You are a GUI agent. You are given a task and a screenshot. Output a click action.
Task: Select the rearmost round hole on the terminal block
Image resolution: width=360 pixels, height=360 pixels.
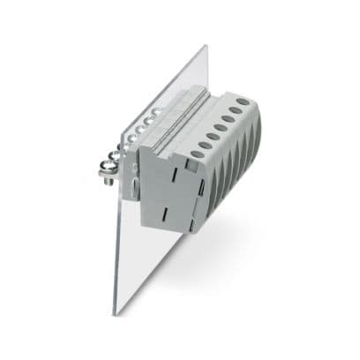tap(243, 101)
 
